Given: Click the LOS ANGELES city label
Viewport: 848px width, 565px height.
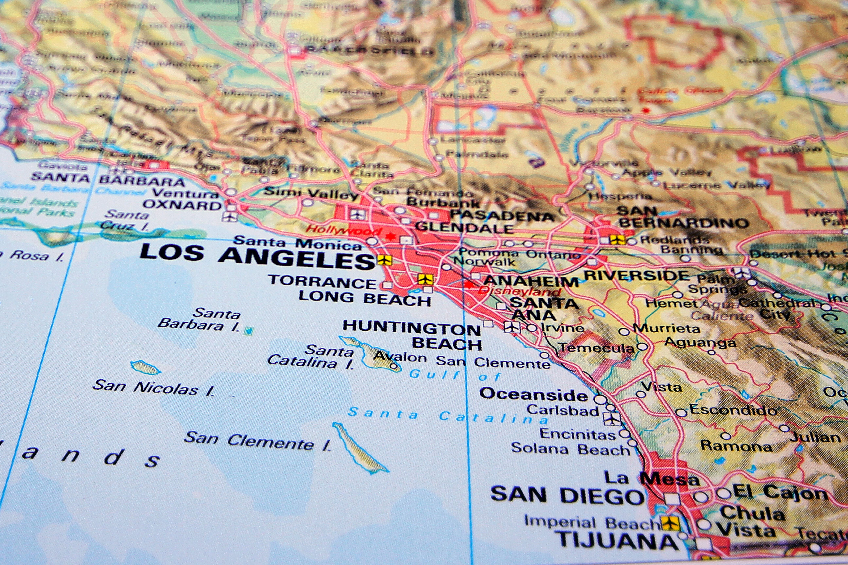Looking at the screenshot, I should (x=257, y=257).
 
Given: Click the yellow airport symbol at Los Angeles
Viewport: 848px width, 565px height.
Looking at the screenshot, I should (x=385, y=260).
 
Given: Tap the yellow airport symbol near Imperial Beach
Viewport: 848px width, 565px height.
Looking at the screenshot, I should (x=670, y=523).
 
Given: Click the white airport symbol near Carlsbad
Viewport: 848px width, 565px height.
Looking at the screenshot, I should (x=612, y=419).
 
